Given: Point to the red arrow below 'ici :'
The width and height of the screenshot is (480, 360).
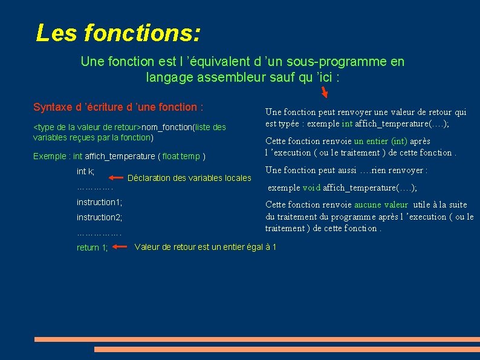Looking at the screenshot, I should [x=325, y=92].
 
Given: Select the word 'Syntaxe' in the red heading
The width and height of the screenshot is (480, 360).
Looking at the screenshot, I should [x=53, y=107].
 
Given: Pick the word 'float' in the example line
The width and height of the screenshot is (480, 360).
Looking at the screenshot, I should [x=171, y=157].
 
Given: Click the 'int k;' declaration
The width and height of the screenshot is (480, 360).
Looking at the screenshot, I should [x=85, y=172].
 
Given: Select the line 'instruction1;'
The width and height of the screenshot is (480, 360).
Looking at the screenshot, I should [x=99, y=202].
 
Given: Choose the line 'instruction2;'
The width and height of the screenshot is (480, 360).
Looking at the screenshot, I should [x=99, y=217].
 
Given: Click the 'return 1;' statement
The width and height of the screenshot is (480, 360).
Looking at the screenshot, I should [x=92, y=247].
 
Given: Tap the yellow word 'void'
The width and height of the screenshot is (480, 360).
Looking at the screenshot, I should [x=311, y=188].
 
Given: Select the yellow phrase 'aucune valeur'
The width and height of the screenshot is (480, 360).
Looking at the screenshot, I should [x=381, y=205].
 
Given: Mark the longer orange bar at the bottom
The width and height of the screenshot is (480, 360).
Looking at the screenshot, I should [x=256, y=339].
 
